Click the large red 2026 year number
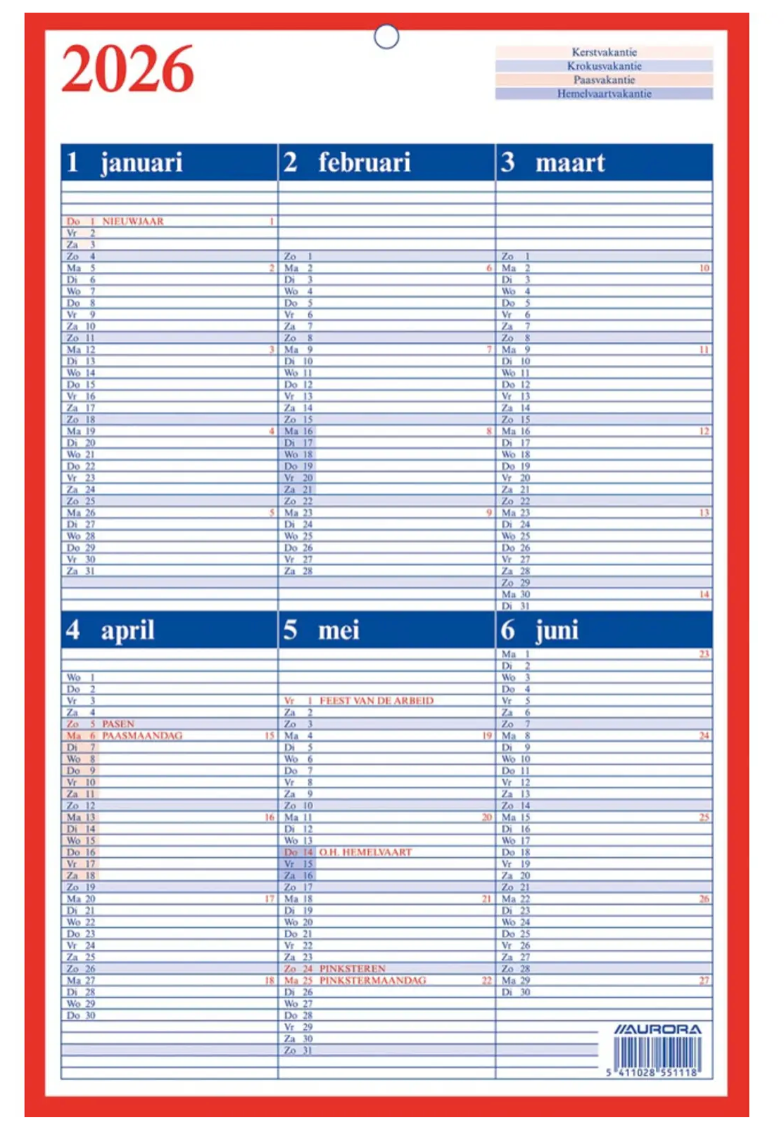pyautogui.click(x=127, y=69)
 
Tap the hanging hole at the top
pyautogui.click(x=386, y=37)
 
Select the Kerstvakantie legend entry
pyautogui.click(x=604, y=52)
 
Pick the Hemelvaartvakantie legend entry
pyautogui.click(x=604, y=94)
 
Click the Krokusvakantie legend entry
pyautogui.click(x=604, y=66)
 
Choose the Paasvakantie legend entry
pyautogui.click(x=604, y=80)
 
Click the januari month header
pyautogui.click(x=141, y=162)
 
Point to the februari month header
pyautogui.click(x=364, y=162)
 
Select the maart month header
pyautogui.click(x=570, y=162)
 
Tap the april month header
pyautogui.click(x=127, y=630)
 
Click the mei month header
pyautogui.click(x=339, y=630)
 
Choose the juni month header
pyautogui.click(x=557, y=630)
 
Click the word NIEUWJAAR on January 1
pyautogui.click(x=133, y=221)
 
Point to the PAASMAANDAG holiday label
pyautogui.click(x=142, y=735)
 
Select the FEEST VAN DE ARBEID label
pyautogui.click(x=377, y=701)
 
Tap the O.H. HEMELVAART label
pyautogui.click(x=365, y=852)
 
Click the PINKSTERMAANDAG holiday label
pyautogui.click(x=373, y=981)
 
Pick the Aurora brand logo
pyautogui.click(x=657, y=1030)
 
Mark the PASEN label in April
pyautogui.click(x=118, y=724)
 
